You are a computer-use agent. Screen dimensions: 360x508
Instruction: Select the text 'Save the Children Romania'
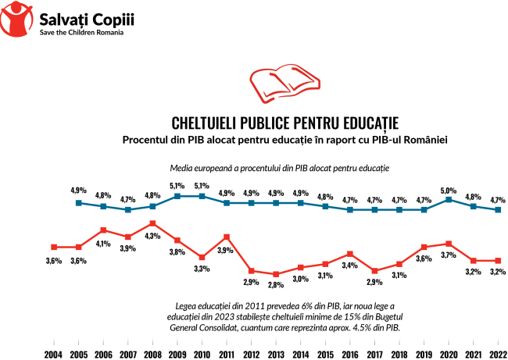86,33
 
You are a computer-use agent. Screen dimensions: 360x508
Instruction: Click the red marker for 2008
152,223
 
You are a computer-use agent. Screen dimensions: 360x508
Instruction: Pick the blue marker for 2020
449,199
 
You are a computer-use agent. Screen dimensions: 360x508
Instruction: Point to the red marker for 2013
276,274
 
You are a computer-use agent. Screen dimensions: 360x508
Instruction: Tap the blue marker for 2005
78,203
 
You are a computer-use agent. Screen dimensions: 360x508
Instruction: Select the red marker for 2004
53,247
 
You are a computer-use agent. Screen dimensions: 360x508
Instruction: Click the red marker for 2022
498,260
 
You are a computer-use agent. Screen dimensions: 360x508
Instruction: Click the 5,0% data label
449,190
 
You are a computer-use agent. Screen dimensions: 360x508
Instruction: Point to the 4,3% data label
152,236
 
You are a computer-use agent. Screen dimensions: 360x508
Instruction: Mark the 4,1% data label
103,243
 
